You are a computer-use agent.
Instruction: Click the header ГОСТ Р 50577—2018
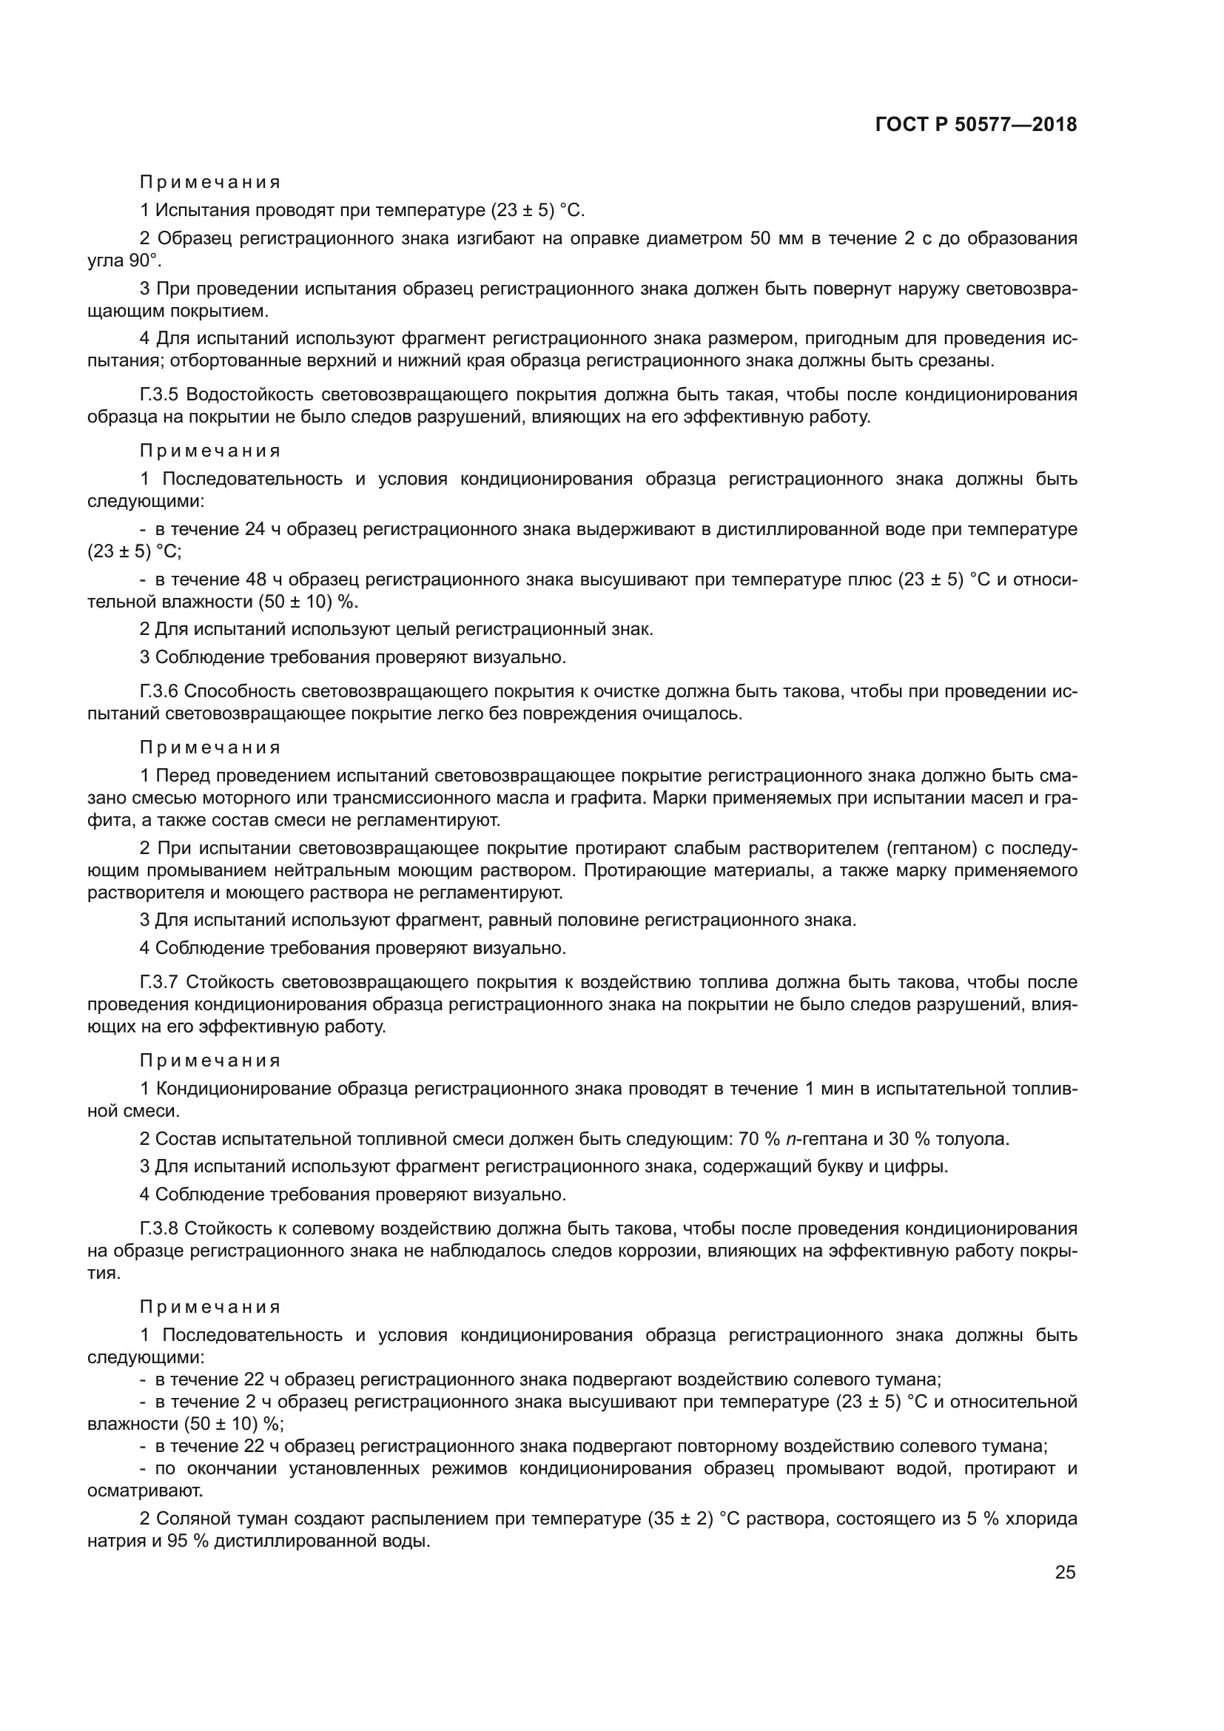976,125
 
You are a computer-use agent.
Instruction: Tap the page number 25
1065,1572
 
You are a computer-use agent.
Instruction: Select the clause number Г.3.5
159,395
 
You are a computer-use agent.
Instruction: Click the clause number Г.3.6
159,691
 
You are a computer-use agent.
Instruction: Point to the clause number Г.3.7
159,982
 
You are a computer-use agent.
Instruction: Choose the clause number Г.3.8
159,1229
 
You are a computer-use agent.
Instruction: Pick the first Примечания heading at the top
210,183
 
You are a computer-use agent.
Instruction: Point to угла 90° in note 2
124,261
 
